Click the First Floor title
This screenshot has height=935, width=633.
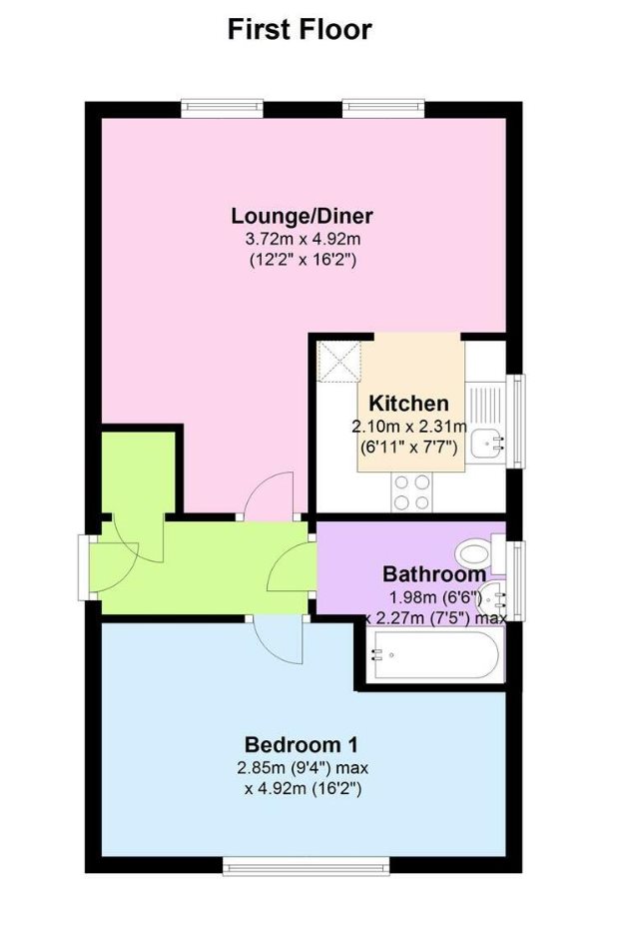(x=300, y=29)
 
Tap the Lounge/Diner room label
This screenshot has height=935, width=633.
(x=303, y=216)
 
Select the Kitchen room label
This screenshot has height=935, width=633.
(x=409, y=404)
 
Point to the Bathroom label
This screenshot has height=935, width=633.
(x=434, y=574)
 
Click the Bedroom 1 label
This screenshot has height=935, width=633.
(x=302, y=745)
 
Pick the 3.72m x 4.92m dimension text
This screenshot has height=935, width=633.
(x=303, y=240)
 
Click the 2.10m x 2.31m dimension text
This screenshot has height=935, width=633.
(x=409, y=427)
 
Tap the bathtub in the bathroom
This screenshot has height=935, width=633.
(x=434, y=655)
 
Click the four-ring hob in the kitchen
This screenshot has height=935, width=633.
(x=411, y=491)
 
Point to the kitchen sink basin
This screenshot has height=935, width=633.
(x=489, y=444)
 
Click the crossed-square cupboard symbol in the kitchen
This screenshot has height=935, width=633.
(x=339, y=361)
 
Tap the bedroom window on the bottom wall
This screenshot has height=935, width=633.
(x=307, y=866)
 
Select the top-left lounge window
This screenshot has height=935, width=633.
(x=223, y=107)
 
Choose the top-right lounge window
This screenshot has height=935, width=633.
(x=383, y=107)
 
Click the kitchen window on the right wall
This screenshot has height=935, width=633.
(x=517, y=421)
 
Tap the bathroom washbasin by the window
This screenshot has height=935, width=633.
(x=493, y=594)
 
